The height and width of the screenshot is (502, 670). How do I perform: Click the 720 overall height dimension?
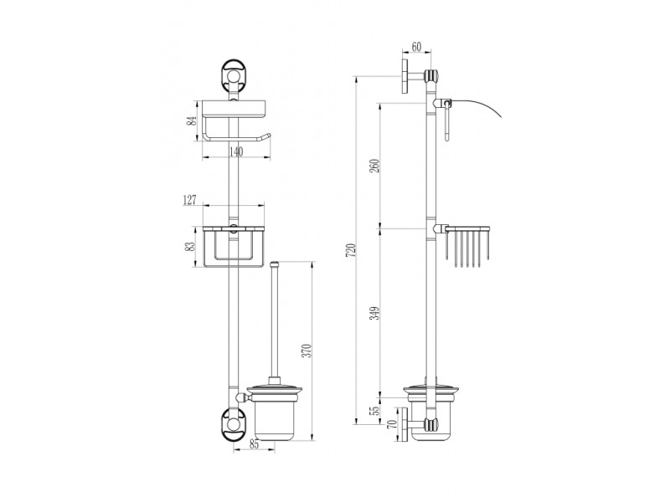pyautogui.click(x=350, y=250)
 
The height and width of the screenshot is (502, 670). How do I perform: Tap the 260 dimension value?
pyautogui.click(x=374, y=166)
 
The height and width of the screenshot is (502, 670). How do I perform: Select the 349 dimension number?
pyautogui.click(x=374, y=314)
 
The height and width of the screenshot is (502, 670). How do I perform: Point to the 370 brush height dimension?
pyautogui.click(x=307, y=351)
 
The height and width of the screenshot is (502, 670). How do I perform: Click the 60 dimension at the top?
pyautogui.click(x=416, y=47)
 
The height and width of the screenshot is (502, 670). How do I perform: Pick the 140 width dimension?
pyautogui.click(x=236, y=151)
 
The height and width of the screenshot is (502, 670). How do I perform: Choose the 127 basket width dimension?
pyautogui.click(x=189, y=200)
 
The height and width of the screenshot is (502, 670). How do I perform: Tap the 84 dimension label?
pyautogui.click(x=192, y=120)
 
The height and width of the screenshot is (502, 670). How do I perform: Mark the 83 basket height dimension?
pyautogui.click(x=191, y=246)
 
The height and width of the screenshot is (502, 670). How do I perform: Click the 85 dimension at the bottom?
pyautogui.click(x=254, y=444)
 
